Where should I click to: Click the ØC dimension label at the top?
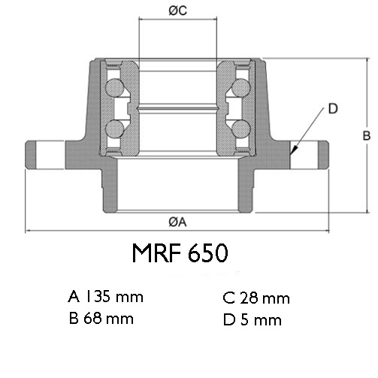pos(178,11)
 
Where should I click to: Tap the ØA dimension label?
pos(177,222)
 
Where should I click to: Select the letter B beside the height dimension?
pos(367,136)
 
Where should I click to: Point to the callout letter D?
pos(333,109)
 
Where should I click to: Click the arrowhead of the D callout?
pos(293,150)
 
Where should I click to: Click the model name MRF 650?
pos(180,253)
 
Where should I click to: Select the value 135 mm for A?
pos(114,296)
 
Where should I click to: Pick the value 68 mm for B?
pos(108,319)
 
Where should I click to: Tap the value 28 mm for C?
pos(265,298)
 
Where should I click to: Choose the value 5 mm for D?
pos(261,320)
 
